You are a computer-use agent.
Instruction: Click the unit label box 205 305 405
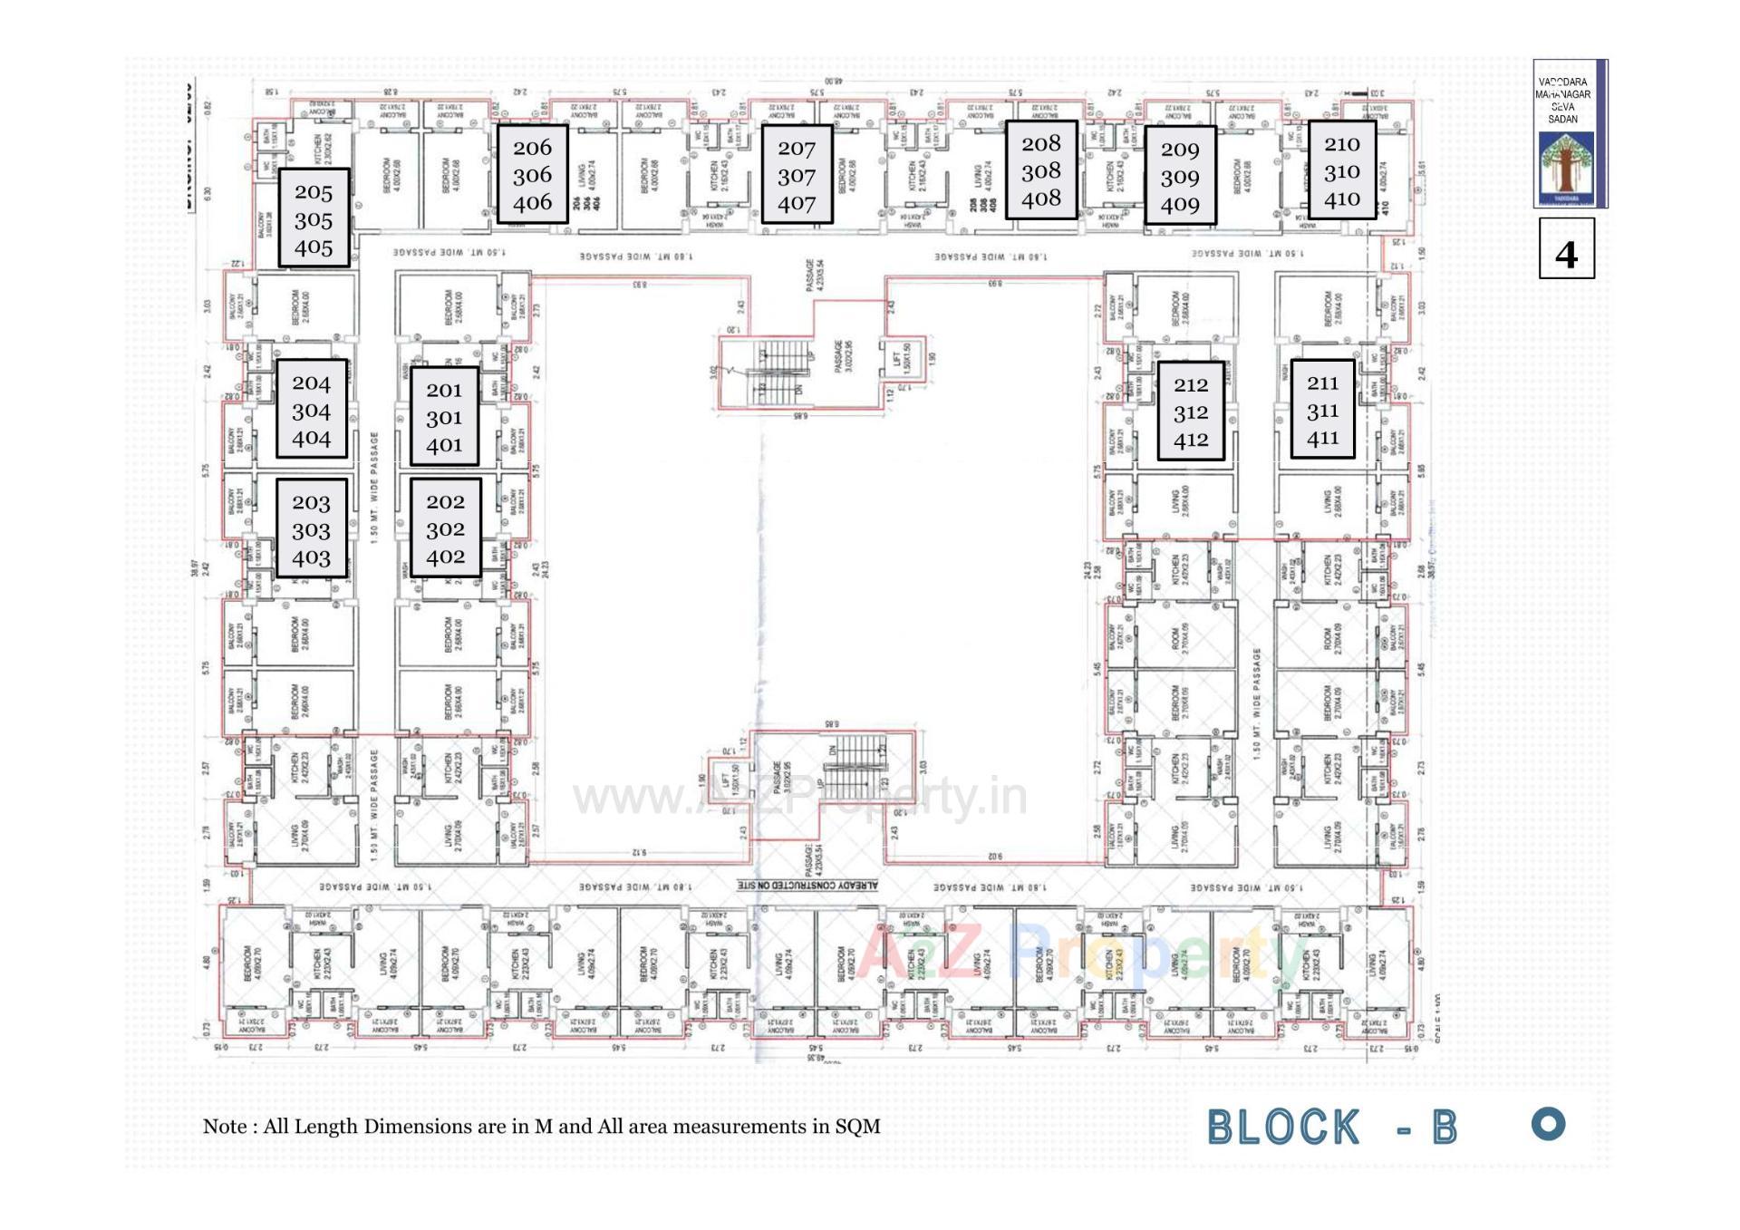pos(314,218)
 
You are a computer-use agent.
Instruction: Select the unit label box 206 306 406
pos(532,174)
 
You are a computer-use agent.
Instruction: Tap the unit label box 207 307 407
pos(797,175)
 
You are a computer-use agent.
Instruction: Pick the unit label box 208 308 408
pos(1040,169)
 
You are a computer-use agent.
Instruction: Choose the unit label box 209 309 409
pos(1179,176)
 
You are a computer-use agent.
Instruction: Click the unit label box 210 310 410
pos(1341,170)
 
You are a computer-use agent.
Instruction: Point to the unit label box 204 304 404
pos(311,410)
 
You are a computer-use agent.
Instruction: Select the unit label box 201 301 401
pos(444,416)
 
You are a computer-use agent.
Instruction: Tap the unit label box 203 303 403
pos(311,529)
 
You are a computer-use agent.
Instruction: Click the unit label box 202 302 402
pos(445,528)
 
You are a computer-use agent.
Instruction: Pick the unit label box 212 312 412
pos(1190,412)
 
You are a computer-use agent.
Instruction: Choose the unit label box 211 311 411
pos(1322,410)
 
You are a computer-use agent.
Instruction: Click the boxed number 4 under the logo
pos(1566,248)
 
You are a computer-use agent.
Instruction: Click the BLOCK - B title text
pos(1331,1128)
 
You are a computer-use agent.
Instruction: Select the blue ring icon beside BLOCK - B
pos(1548,1124)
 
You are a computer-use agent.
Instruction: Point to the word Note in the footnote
pos(225,1127)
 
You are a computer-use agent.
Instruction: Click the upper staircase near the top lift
pos(781,369)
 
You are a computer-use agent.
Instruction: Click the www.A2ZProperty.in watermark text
pos(800,799)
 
